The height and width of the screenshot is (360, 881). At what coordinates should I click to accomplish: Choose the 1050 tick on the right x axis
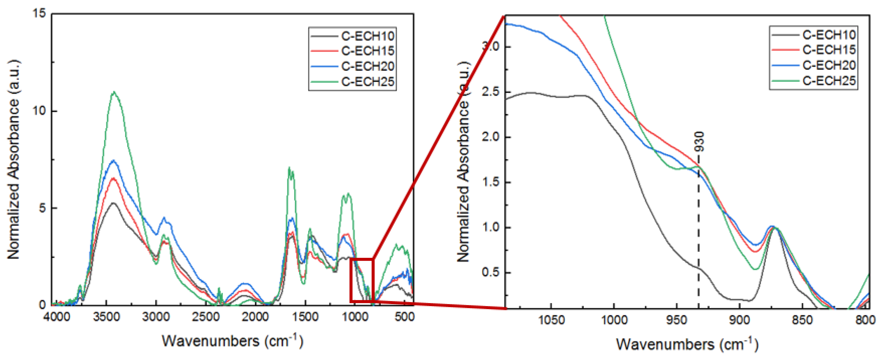tap(551, 320)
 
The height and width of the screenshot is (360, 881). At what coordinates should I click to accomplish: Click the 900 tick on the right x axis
tap(739, 320)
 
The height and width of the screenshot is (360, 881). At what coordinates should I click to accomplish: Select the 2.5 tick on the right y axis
tap(491, 92)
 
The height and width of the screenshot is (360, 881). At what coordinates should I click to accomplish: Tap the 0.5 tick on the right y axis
tap(491, 273)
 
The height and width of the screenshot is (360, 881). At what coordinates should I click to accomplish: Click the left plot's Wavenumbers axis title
tap(232, 341)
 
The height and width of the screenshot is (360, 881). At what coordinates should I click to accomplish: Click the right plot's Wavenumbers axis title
tap(687, 344)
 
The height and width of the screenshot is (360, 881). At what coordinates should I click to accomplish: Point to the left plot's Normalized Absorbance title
tap(14, 159)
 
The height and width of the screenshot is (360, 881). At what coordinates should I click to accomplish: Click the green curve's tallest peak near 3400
tap(114, 92)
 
